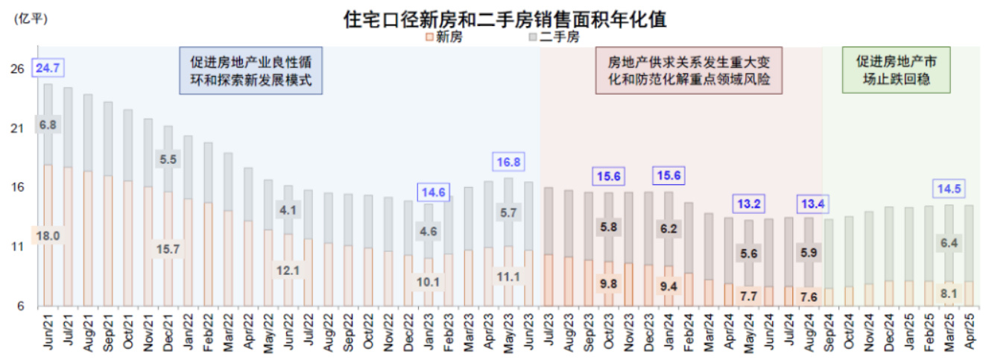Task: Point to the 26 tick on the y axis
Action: point(17,69)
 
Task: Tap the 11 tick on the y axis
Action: point(17,247)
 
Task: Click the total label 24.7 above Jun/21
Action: point(48,69)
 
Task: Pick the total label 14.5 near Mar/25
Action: point(949,189)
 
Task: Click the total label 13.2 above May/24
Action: point(749,203)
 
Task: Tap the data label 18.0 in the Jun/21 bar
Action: point(48,236)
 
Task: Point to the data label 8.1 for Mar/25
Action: point(948,293)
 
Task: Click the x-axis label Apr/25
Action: point(968,332)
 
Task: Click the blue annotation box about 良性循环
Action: point(250,71)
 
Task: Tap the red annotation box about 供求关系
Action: point(689,71)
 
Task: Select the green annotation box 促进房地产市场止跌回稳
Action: point(896,71)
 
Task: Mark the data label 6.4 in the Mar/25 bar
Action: point(949,242)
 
